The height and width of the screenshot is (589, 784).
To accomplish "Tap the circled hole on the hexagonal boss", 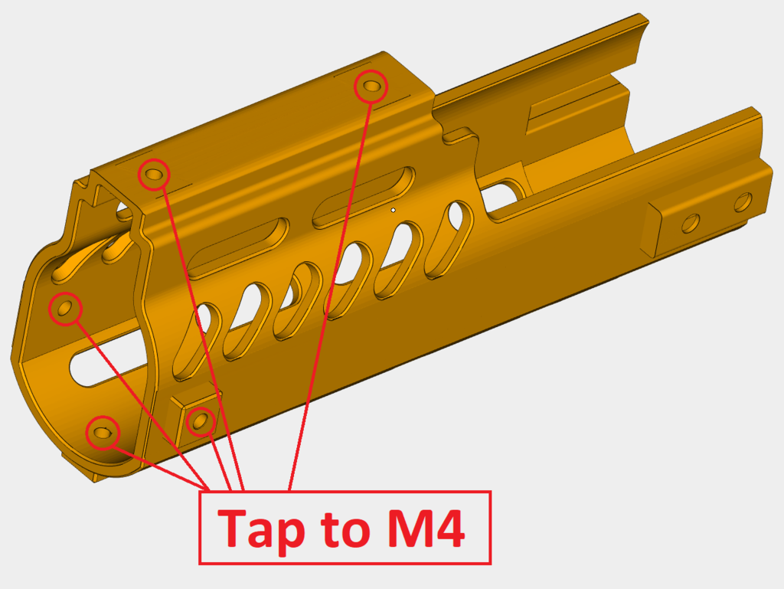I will click(x=201, y=420).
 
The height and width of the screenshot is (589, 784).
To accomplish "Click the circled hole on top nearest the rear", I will click(x=372, y=86).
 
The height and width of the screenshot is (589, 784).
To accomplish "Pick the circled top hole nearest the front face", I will click(x=153, y=175).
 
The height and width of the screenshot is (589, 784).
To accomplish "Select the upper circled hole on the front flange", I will click(x=64, y=308).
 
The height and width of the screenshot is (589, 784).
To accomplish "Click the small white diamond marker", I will click(x=393, y=209).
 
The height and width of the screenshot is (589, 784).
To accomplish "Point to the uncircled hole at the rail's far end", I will click(x=743, y=203).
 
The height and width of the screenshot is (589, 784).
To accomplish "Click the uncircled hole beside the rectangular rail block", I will click(x=690, y=223).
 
